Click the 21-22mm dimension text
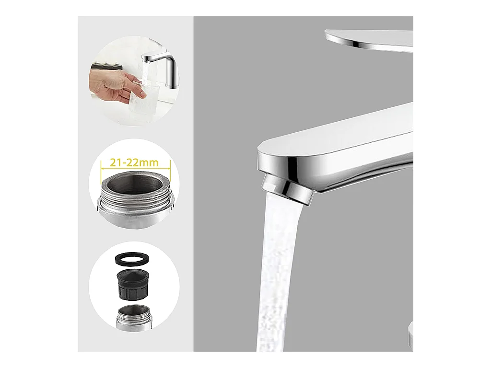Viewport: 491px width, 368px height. (134, 163)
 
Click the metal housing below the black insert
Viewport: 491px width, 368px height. (134, 317)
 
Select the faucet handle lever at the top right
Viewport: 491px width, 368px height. (370, 40)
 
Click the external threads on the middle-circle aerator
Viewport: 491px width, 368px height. (135, 200)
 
